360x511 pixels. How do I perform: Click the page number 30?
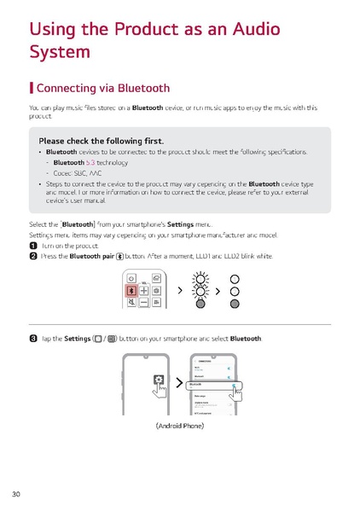[x=16, y=495]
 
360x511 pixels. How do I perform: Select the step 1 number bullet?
[x=32, y=244]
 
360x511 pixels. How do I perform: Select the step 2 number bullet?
[x=32, y=255]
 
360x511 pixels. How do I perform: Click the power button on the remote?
[x=132, y=277]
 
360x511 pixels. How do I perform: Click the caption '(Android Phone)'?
[x=179, y=425]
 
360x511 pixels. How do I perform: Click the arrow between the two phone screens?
[x=177, y=384]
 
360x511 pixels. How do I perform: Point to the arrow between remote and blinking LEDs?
[x=180, y=291]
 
